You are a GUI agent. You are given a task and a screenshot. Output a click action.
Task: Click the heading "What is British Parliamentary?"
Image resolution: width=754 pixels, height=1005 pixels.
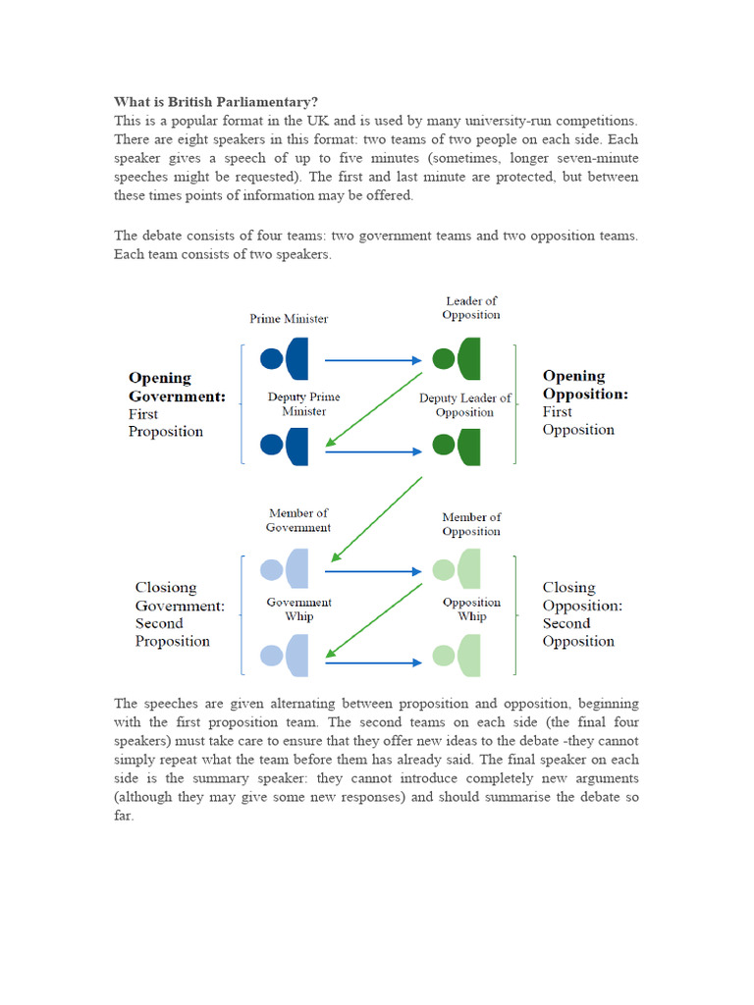pyautogui.click(x=216, y=102)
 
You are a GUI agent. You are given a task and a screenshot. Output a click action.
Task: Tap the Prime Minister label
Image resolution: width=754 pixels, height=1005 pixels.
pyautogui.click(x=289, y=319)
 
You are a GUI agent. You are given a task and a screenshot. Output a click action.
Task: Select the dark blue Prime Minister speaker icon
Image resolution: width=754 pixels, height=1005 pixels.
pyautogui.click(x=286, y=359)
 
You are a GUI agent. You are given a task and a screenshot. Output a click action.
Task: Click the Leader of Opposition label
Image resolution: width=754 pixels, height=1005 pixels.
pyautogui.click(x=471, y=308)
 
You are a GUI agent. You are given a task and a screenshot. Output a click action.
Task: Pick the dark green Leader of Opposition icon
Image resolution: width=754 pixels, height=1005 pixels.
pyautogui.click(x=458, y=359)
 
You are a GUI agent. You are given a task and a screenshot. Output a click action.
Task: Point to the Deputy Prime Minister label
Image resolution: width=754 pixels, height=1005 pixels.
pyautogui.click(x=304, y=404)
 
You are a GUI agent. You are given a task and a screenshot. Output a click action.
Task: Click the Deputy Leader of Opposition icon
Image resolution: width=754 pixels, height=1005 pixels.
pyautogui.click(x=458, y=447)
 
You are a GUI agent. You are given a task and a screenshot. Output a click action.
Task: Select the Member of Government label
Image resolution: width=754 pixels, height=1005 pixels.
pyautogui.click(x=298, y=520)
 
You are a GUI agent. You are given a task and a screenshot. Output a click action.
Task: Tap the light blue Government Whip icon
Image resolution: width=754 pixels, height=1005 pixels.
pyautogui.click(x=286, y=656)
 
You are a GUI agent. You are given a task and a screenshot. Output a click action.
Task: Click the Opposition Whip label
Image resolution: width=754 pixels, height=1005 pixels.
pyautogui.click(x=471, y=609)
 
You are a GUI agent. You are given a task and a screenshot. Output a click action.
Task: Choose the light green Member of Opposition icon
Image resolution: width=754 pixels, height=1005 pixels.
pyautogui.click(x=458, y=569)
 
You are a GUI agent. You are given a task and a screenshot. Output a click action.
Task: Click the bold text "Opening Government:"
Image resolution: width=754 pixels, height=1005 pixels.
pyautogui.click(x=177, y=387)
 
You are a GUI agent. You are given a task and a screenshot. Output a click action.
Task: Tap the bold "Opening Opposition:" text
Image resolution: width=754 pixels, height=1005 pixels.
pyautogui.click(x=585, y=385)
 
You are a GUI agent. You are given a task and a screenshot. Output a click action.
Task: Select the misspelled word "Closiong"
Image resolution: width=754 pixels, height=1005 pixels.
pyautogui.click(x=166, y=588)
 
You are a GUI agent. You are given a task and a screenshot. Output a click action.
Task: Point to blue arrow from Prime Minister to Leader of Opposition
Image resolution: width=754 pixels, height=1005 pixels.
pyautogui.click(x=373, y=360)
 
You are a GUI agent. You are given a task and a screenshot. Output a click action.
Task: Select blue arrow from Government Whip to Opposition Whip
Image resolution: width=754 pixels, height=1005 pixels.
pyautogui.click(x=373, y=663)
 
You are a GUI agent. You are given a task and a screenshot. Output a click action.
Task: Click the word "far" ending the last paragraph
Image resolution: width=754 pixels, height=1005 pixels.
pyautogui.click(x=123, y=816)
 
